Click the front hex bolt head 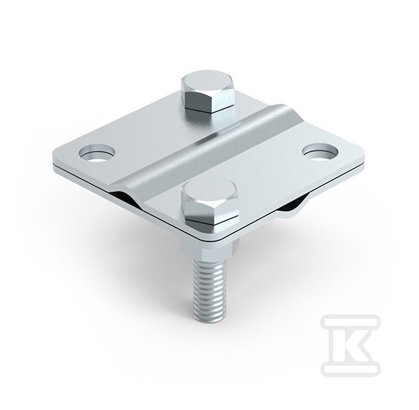click(x=209, y=202)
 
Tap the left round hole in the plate click(x=97, y=153)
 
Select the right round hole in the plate click(x=320, y=152)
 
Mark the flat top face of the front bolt click(x=209, y=190)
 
